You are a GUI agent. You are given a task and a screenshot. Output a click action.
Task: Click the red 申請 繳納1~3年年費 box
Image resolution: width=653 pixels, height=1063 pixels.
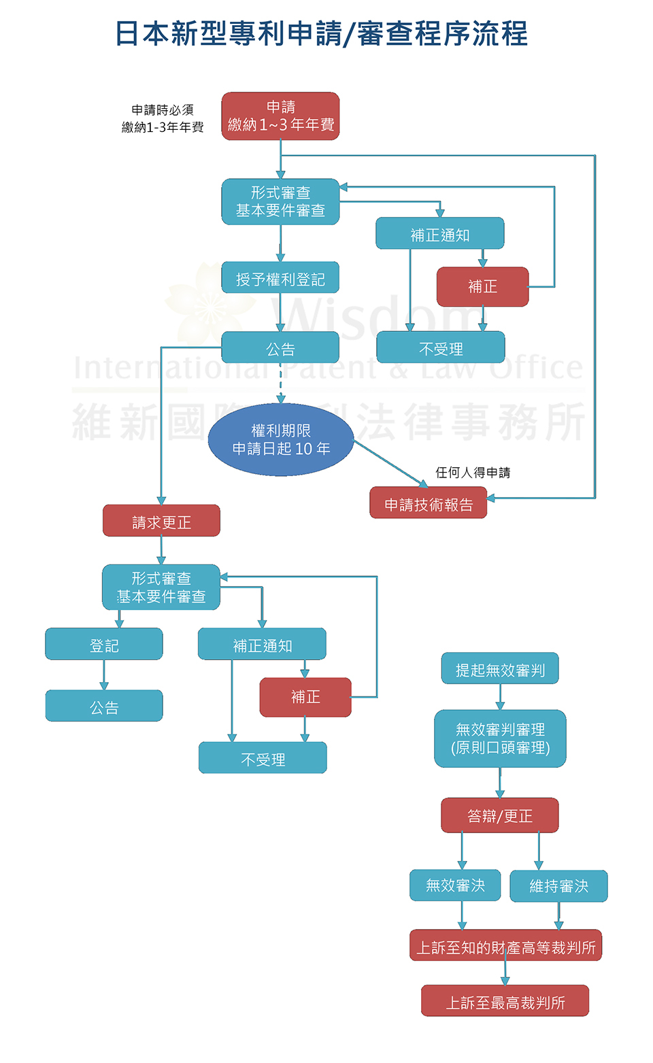coord(280,116)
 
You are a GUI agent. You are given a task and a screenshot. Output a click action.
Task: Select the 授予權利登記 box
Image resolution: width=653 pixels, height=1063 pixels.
coord(280,277)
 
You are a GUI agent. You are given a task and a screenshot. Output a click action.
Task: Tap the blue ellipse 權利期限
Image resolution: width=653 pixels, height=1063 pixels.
coord(281,439)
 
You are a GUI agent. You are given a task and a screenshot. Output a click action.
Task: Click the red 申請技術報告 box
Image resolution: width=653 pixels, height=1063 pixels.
coord(429,503)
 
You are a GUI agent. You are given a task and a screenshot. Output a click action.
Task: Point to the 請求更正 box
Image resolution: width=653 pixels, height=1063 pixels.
coord(161,520)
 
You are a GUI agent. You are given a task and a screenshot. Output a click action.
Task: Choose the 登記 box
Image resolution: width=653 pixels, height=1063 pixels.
coord(104,644)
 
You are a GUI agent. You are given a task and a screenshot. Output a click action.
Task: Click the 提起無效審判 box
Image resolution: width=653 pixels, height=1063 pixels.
coord(500,668)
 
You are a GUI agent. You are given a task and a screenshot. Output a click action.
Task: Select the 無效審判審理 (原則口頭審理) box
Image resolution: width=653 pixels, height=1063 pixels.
coord(500,739)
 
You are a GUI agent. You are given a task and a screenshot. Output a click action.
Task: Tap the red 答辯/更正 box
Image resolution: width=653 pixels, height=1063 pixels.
coord(500,815)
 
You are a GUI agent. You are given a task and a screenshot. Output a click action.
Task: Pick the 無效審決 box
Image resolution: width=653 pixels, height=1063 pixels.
coord(455,885)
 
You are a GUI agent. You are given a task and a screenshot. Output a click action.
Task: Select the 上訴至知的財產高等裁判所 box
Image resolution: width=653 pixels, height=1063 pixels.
coord(506,945)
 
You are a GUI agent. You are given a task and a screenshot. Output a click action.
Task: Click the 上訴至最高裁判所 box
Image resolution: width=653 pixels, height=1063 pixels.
coord(505,1001)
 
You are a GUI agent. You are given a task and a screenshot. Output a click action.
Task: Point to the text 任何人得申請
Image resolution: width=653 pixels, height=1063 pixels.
coord(473,472)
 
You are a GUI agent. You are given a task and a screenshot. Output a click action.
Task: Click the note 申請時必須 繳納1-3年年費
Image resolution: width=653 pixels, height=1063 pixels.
coord(163,118)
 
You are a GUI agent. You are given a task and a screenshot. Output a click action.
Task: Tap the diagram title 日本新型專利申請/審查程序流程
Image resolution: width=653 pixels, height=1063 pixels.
coord(322,34)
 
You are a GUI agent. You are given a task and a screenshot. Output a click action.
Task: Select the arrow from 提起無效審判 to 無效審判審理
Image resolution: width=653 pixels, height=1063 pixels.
coord(500,697)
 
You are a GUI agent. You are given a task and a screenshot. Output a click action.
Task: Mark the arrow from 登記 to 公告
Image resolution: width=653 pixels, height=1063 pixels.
coord(104,675)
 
